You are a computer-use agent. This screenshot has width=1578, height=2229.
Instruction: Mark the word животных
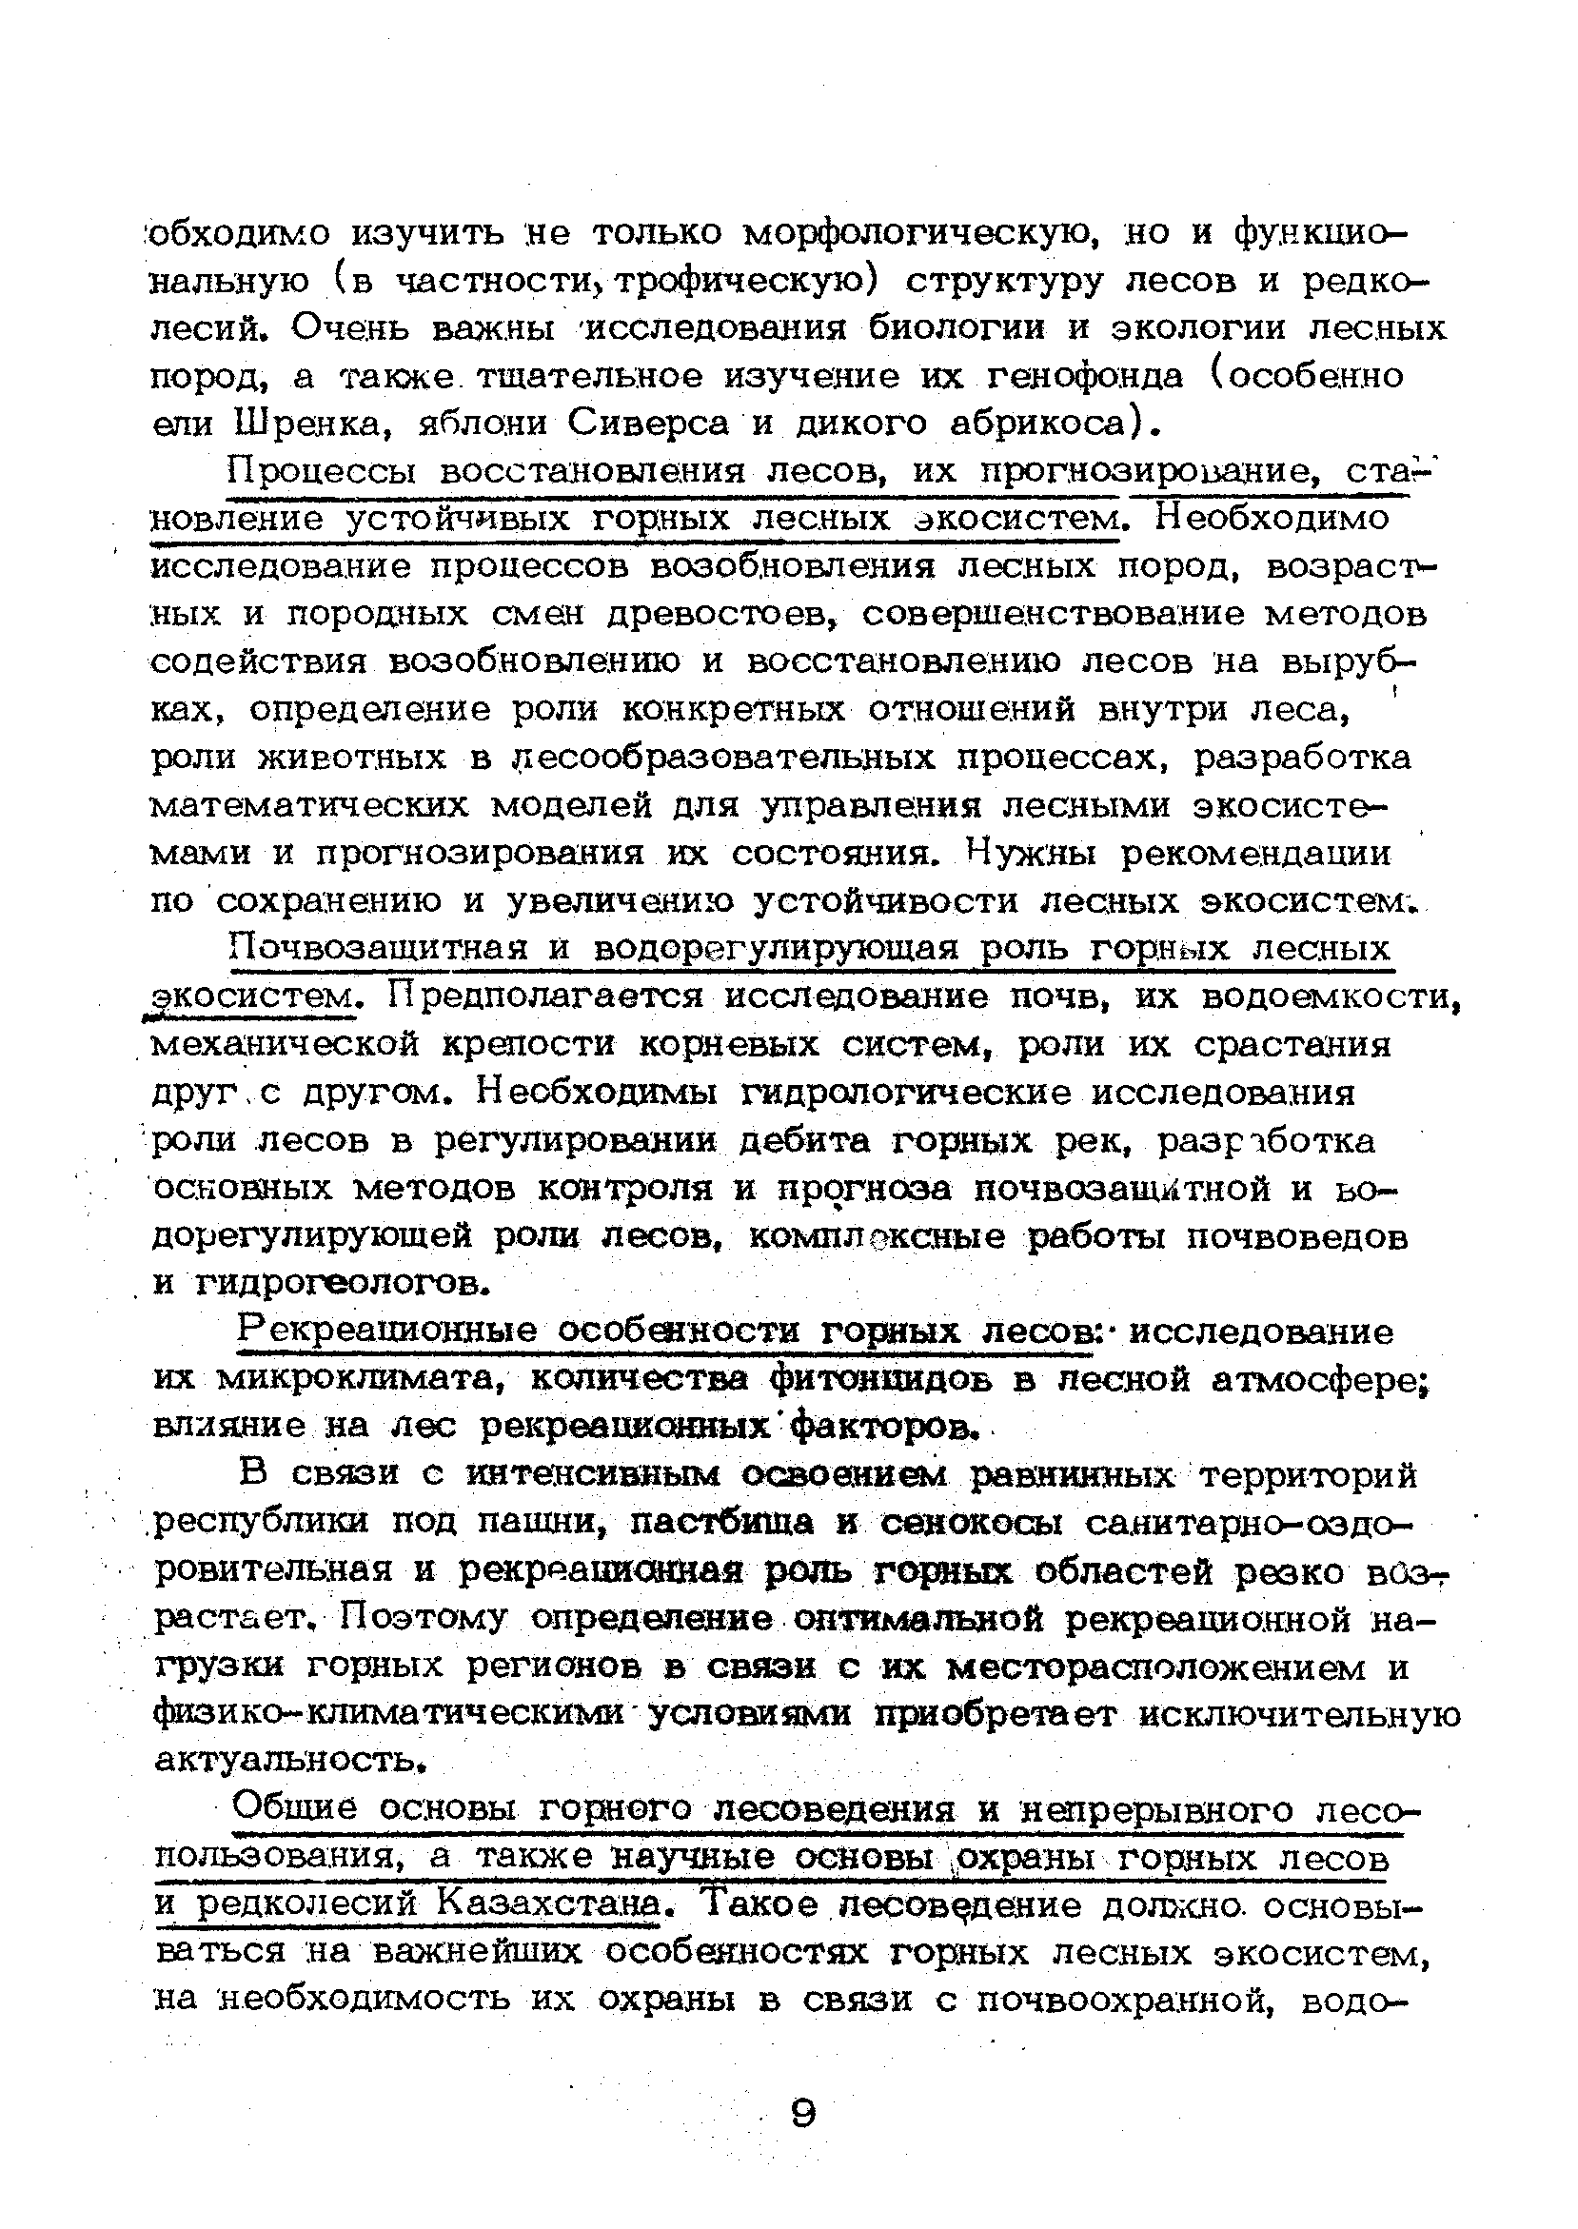351,758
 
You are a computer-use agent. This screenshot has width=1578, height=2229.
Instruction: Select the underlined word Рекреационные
387,1331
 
